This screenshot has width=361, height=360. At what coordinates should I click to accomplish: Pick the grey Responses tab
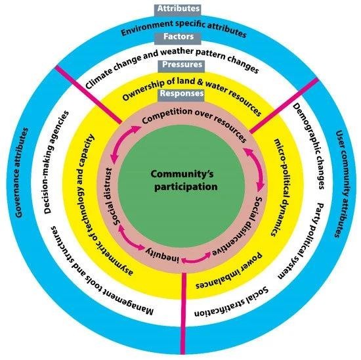[180, 95]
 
